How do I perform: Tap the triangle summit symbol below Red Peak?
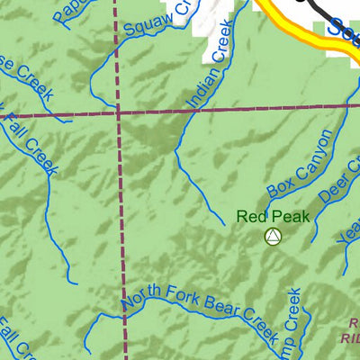273,237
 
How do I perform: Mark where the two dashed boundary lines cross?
118,113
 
